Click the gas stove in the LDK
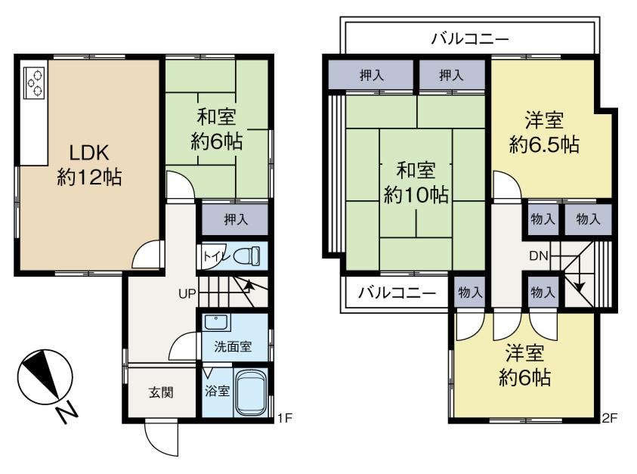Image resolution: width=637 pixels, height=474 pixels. coord(34,82)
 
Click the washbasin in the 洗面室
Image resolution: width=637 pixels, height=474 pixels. coord(216,322)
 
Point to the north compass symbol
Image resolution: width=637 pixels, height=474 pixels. coord(45,376)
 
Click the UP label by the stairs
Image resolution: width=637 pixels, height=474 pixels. coord(187,293)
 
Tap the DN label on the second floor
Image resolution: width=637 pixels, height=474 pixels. coord(539,256)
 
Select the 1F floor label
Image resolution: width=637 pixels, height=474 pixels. coord(285,417)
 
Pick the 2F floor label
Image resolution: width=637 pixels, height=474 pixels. coord(609,417)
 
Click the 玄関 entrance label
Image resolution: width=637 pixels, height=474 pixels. coord(161,392)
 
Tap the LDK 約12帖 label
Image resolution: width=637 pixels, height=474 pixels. coord(89,166)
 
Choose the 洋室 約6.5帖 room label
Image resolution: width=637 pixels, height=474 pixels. coord(544,133)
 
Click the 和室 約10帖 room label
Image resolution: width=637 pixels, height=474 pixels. coord(416,182)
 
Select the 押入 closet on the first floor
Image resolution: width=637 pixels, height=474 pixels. coord(235,219)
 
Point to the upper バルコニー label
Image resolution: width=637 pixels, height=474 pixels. coord(469,39)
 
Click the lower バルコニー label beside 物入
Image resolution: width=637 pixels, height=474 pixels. coord(397,293)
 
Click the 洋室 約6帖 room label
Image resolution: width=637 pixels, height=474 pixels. coord(524,365)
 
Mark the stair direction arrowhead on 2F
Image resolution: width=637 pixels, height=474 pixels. coord(580,287)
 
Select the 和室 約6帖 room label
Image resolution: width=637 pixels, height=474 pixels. coord(217,130)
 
